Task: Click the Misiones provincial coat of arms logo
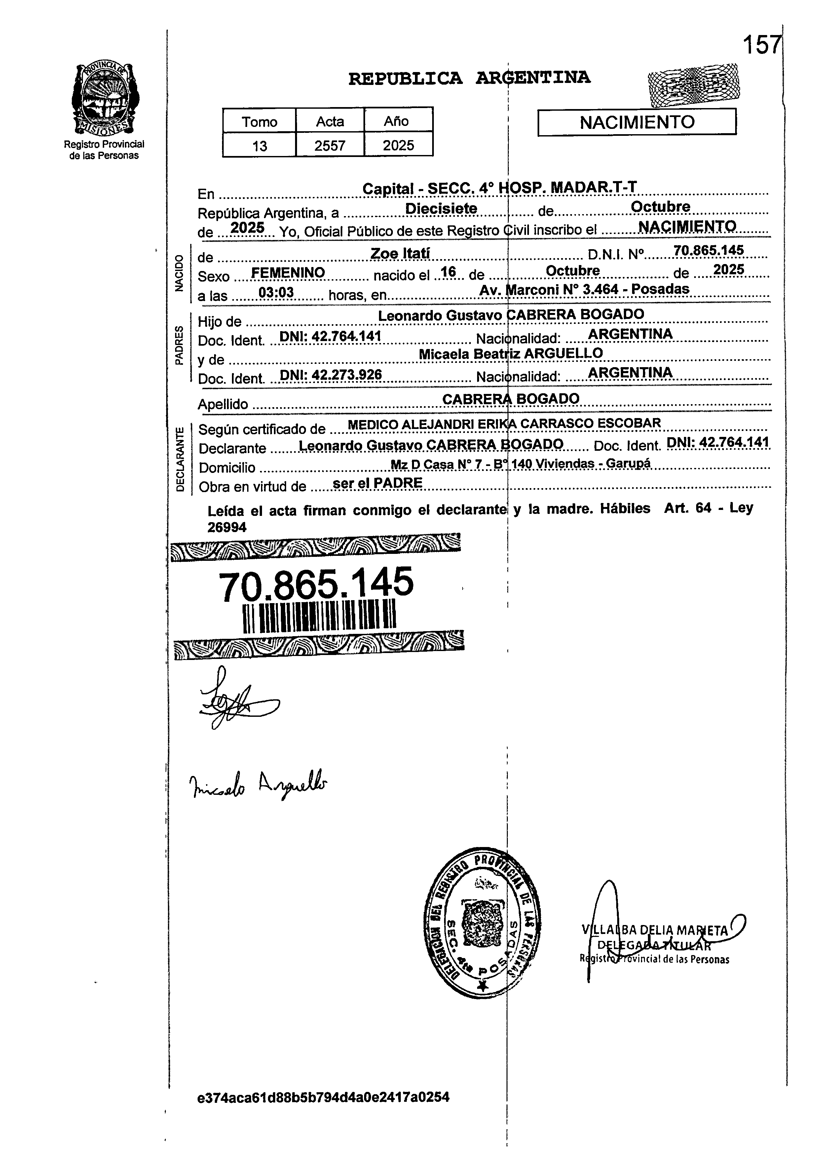[104, 98]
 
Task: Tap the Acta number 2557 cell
[330, 146]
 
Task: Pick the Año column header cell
[398, 121]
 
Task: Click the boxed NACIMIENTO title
[637, 122]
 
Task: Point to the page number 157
[761, 45]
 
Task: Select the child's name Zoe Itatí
[400, 253]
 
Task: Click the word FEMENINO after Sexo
[288, 273]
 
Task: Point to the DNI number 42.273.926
[346, 375]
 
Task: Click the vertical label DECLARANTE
[180, 460]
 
